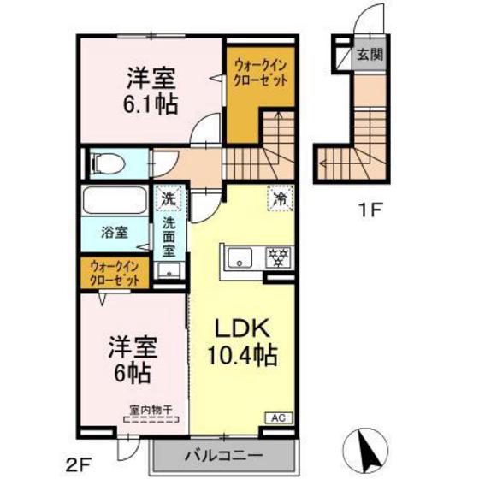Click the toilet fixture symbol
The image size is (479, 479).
(105, 161)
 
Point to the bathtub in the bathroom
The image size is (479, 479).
(115, 203)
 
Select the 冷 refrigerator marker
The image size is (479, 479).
(279, 196)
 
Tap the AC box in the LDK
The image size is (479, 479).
(278, 417)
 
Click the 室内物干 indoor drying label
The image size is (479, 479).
(151, 410)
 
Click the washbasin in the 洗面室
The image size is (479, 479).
(169, 272)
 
